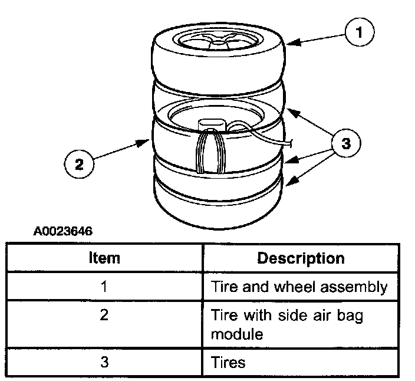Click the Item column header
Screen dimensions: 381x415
(104, 258)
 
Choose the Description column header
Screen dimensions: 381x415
(301, 258)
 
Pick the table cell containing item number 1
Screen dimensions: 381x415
(104, 287)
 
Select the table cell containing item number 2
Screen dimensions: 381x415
(104, 316)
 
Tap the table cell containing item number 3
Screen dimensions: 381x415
(104, 362)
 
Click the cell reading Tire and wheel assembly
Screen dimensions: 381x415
(299, 287)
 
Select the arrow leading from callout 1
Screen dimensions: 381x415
(318, 38)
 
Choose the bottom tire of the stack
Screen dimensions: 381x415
(218, 203)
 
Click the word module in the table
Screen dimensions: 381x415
(236, 334)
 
